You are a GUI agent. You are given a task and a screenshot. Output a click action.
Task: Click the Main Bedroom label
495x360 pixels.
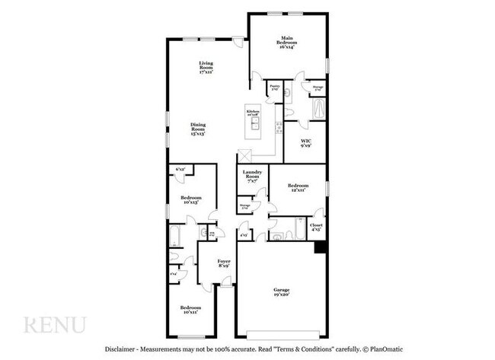pyautogui.click(x=287, y=40)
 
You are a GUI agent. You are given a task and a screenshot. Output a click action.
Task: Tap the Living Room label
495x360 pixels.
pyautogui.click(x=204, y=67)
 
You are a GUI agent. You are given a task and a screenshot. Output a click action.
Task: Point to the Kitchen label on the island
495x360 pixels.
pyautogui.click(x=253, y=114)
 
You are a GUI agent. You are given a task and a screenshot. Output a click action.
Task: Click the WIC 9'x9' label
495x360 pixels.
pyautogui.click(x=305, y=142)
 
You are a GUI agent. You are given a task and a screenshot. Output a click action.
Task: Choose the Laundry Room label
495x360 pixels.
pyautogui.click(x=252, y=177)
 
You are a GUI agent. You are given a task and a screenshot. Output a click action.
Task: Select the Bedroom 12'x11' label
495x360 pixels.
pyautogui.click(x=298, y=188)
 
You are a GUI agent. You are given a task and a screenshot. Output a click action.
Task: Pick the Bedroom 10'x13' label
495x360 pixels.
pyautogui.click(x=190, y=200)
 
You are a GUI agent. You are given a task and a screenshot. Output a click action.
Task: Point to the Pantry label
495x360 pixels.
pyautogui.click(x=274, y=88)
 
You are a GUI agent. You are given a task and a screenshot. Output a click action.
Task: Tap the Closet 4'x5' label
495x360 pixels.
pyautogui.click(x=316, y=227)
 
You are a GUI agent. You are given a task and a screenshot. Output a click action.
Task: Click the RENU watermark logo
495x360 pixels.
pyautogui.click(x=55, y=325)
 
